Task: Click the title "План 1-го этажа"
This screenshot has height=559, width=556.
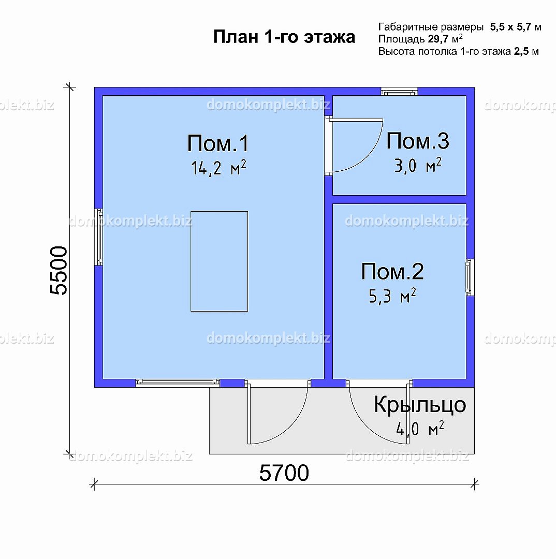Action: tap(284, 37)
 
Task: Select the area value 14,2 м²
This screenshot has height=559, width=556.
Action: tap(218, 168)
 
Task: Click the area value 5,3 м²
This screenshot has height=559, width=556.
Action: tap(392, 296)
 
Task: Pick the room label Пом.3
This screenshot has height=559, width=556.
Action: tap(418, 141)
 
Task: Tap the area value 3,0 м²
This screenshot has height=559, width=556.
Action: tap(418, 166)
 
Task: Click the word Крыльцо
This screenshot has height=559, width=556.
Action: tap(420, 405)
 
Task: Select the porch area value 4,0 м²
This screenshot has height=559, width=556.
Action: tap(420, 429)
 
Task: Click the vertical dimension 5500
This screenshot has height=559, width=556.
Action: tap(59, 271)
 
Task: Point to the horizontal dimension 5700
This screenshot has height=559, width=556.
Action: tap(284, 473)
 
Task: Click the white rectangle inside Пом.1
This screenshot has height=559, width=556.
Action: tap(220, 261)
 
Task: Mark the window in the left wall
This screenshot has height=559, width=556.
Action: tap(98, 237)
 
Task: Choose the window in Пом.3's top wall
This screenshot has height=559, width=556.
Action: tap(399, 92)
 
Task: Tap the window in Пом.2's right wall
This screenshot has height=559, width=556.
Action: tap(470, 277)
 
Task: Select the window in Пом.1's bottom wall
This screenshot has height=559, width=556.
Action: tap(178, 383)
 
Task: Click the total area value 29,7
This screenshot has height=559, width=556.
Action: tap(438, 39)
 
